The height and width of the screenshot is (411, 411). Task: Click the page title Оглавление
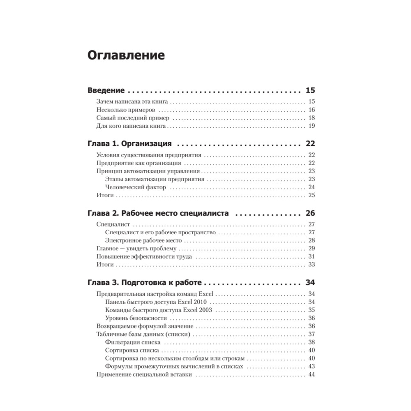[x=126, y=55]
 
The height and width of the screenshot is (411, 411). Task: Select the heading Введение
[x=106, y=90]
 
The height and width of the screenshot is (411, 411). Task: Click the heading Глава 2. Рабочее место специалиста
[x=158, y=213]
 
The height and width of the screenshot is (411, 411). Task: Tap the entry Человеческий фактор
[x=136, y=187]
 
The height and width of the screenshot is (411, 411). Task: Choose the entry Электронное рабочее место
[x=143, y=240]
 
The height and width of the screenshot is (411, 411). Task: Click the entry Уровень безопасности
[x=136, y=318]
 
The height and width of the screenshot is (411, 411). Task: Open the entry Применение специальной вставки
[x=144, y=374]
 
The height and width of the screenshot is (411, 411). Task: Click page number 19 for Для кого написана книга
[x=311, y=126]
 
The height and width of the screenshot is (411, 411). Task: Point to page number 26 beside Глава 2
[x=310, y=213]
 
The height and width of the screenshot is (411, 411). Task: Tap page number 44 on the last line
[x=311, y=374]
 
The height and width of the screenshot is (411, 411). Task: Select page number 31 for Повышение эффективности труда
[x=311, y=256]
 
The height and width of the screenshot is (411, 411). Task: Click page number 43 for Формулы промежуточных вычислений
[x=311, y=366]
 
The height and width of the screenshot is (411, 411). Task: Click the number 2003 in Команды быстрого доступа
[x=204, y=309]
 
